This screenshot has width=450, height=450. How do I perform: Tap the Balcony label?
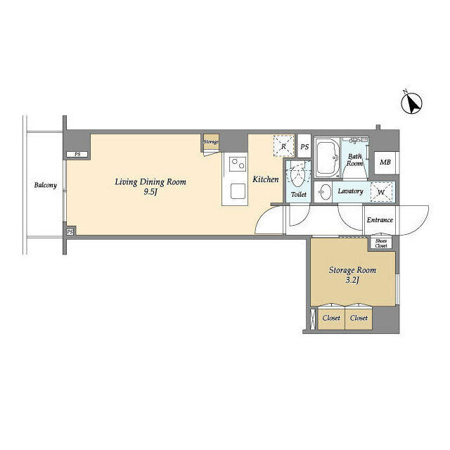point(45,186)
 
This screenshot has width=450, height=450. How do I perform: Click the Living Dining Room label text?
point(150,182)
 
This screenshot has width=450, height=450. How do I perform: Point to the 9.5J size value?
point(150,192)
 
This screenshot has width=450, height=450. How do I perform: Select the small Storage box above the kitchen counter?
point(211,142)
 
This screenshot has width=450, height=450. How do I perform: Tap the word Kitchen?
point(266,180)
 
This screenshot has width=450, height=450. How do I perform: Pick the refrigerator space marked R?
point(283,146)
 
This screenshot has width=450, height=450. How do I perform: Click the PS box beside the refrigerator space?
point(304,147)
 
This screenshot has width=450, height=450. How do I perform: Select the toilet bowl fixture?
point(298,174)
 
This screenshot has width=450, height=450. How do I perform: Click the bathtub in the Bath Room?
point(327,159)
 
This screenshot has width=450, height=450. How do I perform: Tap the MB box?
point(385,163)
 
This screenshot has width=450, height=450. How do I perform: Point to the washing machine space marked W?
point(381,191)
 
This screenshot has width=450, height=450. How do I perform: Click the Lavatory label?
point(349,191)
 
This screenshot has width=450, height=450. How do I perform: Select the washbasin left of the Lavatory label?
point(324,192)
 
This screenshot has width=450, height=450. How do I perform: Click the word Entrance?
point(380,220)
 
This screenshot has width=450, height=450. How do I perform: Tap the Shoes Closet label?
point(380,243)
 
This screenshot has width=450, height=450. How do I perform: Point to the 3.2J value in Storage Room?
point(352,281)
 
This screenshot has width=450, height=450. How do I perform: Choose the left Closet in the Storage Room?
point(331,318)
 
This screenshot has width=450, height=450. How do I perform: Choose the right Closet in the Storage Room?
point(359,318)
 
